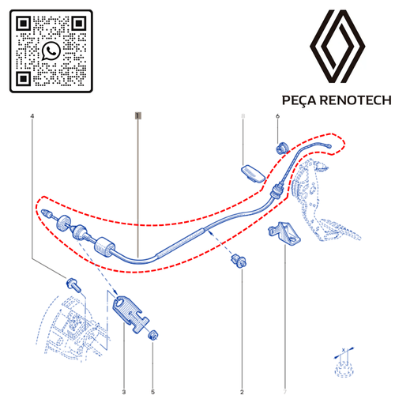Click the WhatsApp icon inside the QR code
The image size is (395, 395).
coord(51,51)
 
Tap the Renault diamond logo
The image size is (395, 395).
coord(337,46)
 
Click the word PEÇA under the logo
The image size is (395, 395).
coord(299,100)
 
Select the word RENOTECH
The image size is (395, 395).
coord(355,100)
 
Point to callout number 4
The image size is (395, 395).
coord(32,116)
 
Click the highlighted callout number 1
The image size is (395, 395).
coord(138,115)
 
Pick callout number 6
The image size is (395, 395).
coord(277,116)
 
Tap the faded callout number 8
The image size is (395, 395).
coord(243,116)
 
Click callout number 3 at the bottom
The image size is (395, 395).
coord(124,392)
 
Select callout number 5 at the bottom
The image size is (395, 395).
coord(152,392)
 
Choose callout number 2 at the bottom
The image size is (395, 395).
coord(242,392)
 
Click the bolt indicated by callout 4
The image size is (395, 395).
coord(73,284)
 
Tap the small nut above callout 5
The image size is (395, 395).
coord(153,335)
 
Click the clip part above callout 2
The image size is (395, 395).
coord(239,261)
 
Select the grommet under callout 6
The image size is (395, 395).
coord(282,148)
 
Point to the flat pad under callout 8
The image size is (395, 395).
coord(253,174)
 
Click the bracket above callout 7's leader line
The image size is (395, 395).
coord(284,233)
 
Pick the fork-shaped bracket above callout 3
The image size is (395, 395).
coord(130,314)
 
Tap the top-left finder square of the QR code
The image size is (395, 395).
coord(24,24)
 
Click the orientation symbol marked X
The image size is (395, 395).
coord(344,363)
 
